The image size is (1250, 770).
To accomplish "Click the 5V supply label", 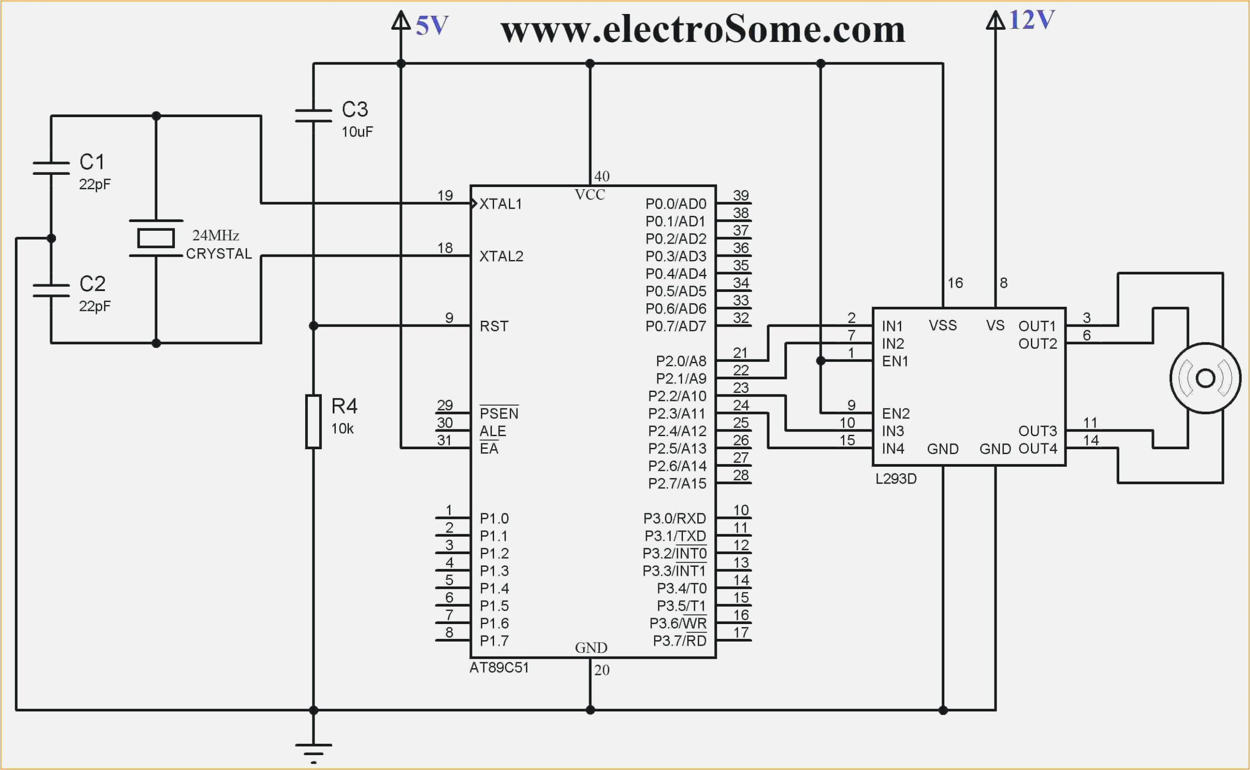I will [431, 26].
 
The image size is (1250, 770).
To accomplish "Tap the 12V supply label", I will [1031, 20].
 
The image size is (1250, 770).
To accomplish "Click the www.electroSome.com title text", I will [702, 30].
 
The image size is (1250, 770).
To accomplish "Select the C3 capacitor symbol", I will [313, 116].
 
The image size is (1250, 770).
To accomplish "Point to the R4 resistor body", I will [313, 421].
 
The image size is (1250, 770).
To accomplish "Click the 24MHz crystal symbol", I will [156, 238].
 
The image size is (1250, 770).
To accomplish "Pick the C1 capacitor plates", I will [51, 168].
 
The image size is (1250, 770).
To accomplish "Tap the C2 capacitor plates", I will [51, 290].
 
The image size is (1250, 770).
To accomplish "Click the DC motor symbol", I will [1205, 378].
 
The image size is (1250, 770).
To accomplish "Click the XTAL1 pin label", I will [501, 204].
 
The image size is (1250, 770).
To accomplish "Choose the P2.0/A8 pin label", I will [681, 361].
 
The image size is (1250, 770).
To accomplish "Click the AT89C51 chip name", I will [499, 668].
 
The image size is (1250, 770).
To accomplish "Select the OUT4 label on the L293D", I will [1037, 449].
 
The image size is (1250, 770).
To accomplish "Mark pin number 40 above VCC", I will [602, 177].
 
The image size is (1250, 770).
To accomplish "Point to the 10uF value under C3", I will [357, 132].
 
